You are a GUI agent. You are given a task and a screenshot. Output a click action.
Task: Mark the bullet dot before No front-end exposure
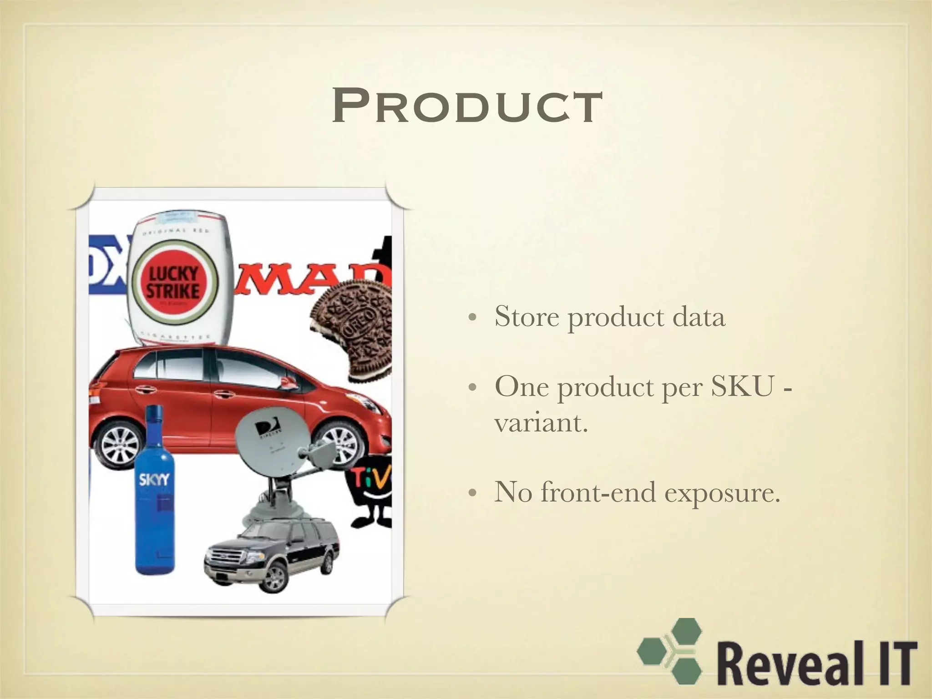pos(473,493)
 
